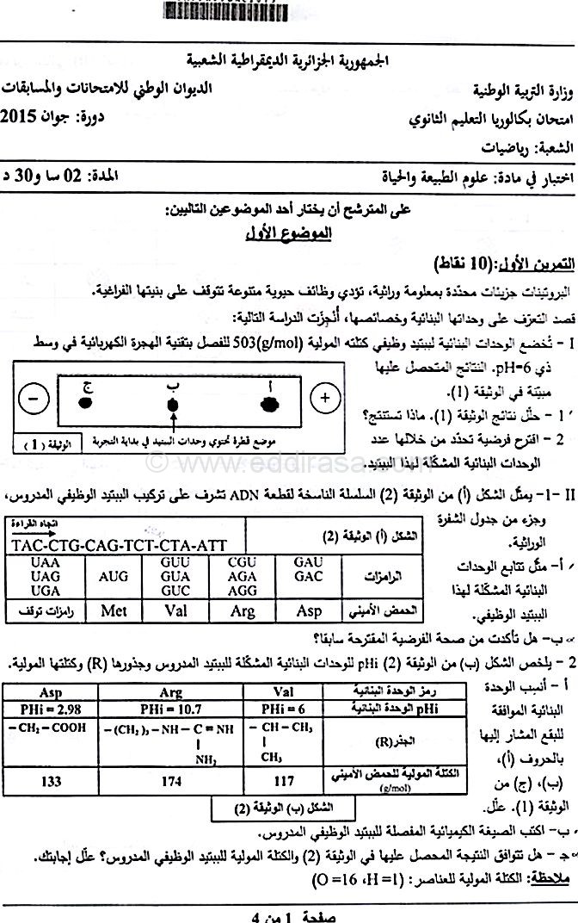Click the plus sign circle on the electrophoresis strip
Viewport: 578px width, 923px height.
point(324,399)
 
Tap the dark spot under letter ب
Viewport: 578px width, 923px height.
point(173,403)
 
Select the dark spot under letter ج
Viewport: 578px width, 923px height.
point(86,402)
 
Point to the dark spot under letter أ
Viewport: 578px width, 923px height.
point(269,402)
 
